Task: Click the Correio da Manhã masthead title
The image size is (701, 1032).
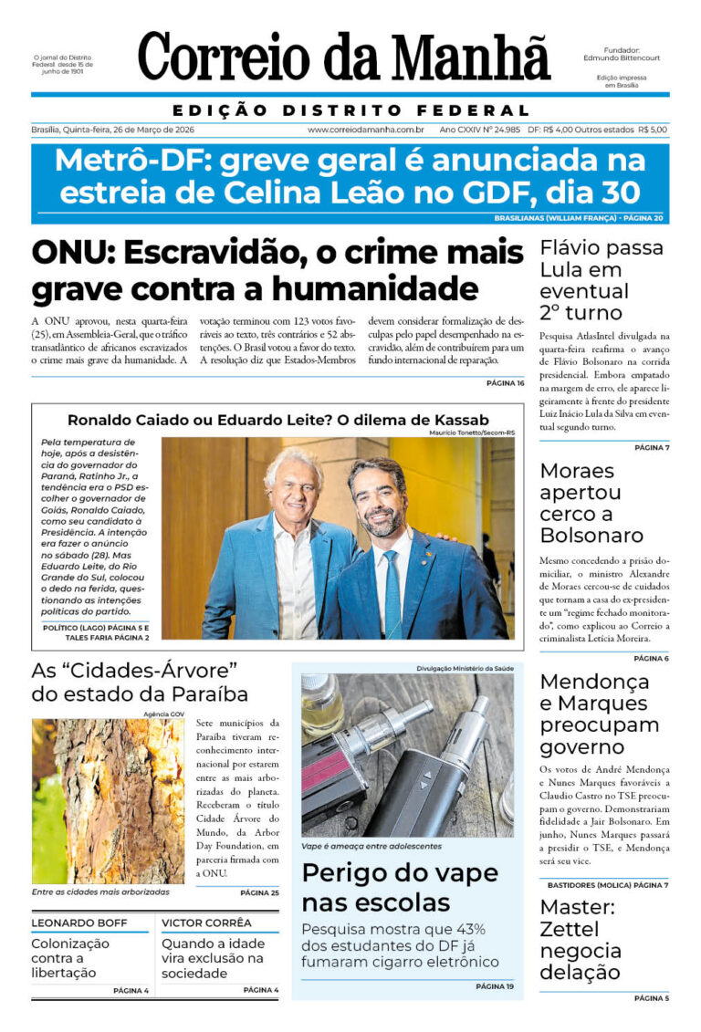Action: point(344,57)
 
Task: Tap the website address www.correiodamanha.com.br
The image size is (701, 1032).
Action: point(365,130)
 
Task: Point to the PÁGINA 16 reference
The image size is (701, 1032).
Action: point(505,383)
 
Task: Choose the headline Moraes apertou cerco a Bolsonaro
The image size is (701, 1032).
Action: point(591,503)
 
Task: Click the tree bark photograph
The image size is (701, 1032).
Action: point(108,800)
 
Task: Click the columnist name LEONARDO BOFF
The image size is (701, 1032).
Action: point(77,923)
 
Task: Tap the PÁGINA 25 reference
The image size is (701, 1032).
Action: point(260,892)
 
